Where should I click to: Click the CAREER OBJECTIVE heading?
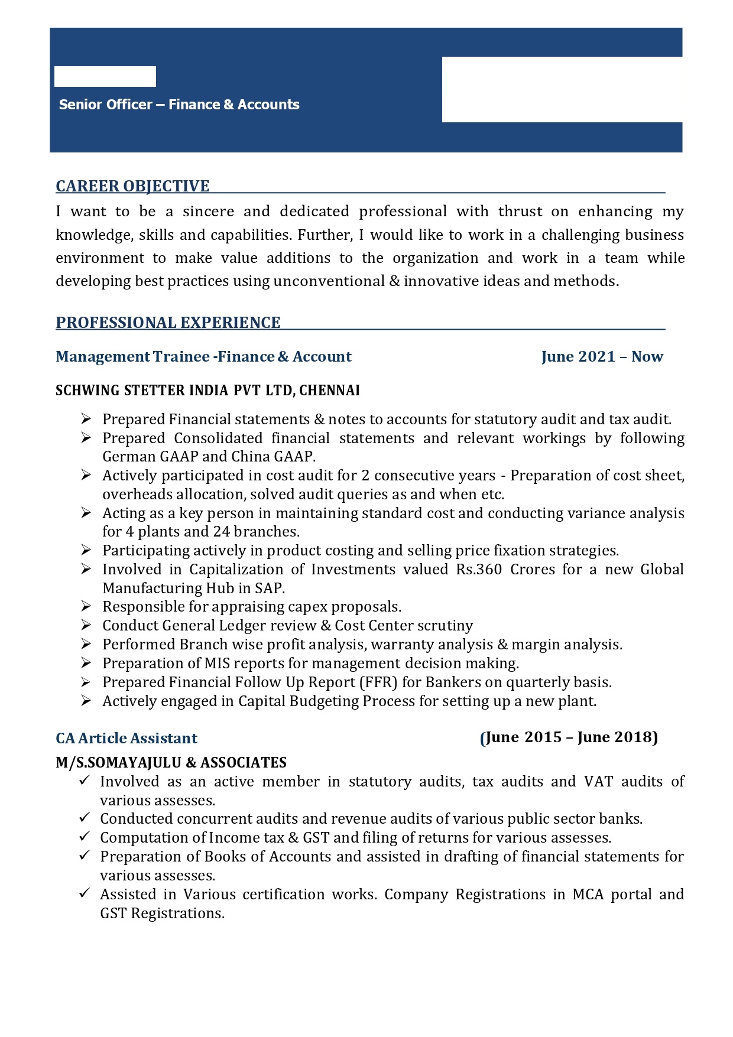click(x=132, y=186)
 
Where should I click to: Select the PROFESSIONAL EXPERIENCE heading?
click(x=168, y=323)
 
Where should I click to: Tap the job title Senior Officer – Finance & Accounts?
click(x=179, y=105)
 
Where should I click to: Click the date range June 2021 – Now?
click(x=602, y=357)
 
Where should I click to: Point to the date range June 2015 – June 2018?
click(x=569, y=737)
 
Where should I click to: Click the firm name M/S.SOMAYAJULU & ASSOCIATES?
click(x=171, y=763)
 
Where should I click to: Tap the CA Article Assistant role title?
click(x=127, y=739)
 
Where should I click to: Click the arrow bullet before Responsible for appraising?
click(x=86, y=606)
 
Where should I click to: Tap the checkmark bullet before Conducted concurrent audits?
click(x=84, y=818)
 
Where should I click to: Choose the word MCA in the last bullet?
click(x=588, y=895)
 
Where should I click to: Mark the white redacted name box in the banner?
click(x=105, y=77)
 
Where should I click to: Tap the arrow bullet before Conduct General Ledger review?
click(x=86, y=625)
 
